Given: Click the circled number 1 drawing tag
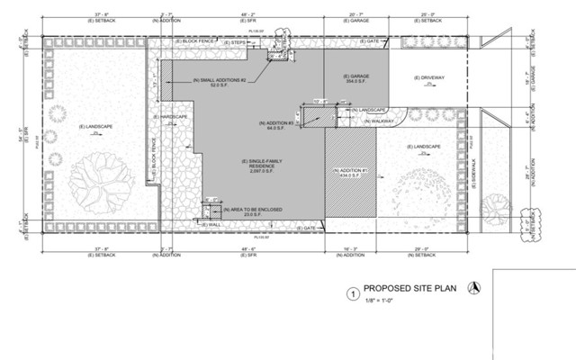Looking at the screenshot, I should click(x=354, y=293).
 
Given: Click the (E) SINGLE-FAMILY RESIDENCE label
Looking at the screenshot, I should click(x=256, y=166).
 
